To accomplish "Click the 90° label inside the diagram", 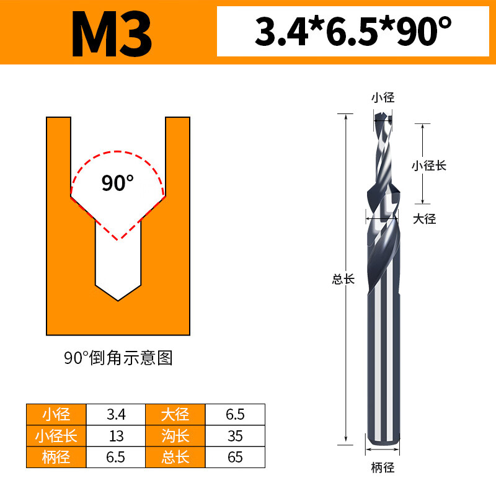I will [118, 184].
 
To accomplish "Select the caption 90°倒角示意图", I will [118, 358].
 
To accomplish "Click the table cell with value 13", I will [116, 436].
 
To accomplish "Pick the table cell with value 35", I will [235, 436].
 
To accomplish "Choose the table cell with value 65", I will [235, 458].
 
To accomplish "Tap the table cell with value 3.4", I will [116, 414].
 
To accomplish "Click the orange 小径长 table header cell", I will [56, 436].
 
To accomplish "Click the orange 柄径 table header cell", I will [56, 458].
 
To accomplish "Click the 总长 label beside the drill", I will [343, 279].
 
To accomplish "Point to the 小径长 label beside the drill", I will [429, 166].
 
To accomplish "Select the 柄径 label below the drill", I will [383, 467].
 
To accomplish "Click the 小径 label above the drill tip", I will [383, 97].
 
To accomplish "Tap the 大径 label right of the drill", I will [425, 218].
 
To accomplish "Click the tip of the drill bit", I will [383, 115].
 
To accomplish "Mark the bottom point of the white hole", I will [118, 301].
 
